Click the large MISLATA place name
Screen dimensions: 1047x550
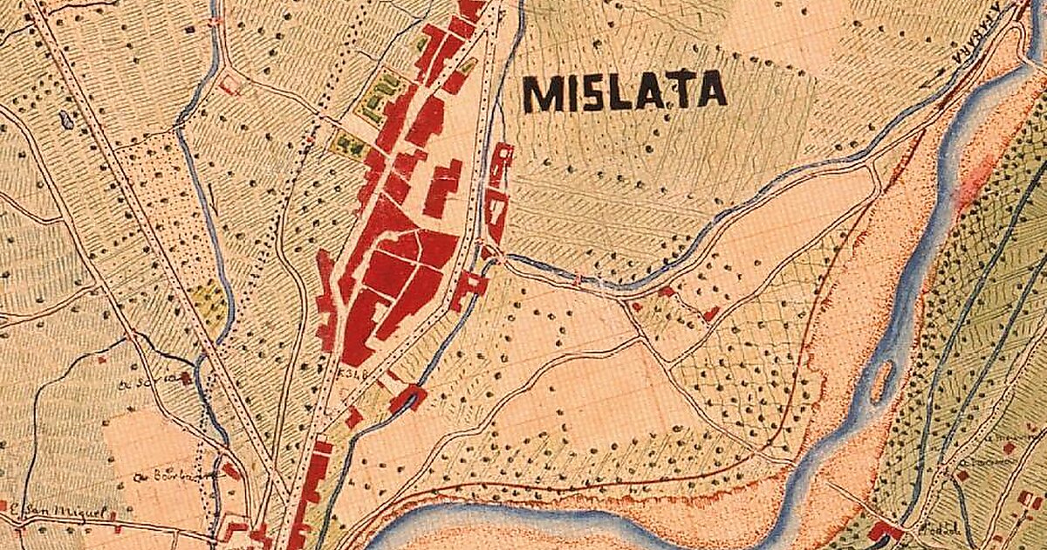625,92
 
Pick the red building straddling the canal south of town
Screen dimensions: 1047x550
408,398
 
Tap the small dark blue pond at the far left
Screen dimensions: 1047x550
67,120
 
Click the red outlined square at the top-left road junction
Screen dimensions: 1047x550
230,85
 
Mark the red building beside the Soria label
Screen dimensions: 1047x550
186,378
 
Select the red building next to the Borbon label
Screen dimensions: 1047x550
229,471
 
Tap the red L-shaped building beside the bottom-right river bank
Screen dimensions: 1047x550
885,530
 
